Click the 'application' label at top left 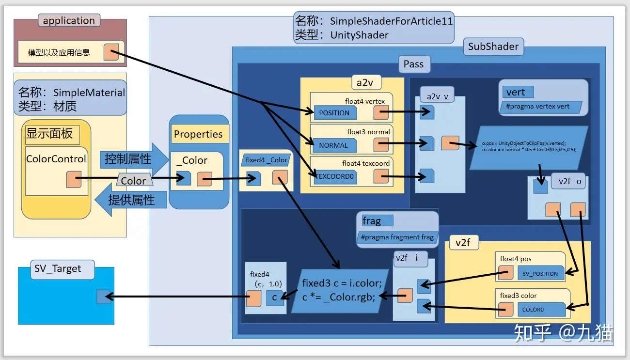click(x=69, y=20)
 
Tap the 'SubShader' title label click(x=493, y=47)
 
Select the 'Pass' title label click(x=413, y=64)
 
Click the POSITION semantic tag click(x=334, y=113)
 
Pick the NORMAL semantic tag click(x=333, y=145)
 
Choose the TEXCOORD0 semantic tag click(x=334, y=176)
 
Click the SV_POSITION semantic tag click(x=540, y=273)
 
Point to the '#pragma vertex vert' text click(x=540, y=107)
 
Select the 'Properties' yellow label click(x=198, y=134)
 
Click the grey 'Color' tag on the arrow click(x=133, y=181)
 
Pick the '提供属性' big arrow click(x=131, y=200)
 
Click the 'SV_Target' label click(x=58, y=269)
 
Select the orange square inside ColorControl click(x=74, y=179)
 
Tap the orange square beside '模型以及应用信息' click(x=111, y=52)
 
